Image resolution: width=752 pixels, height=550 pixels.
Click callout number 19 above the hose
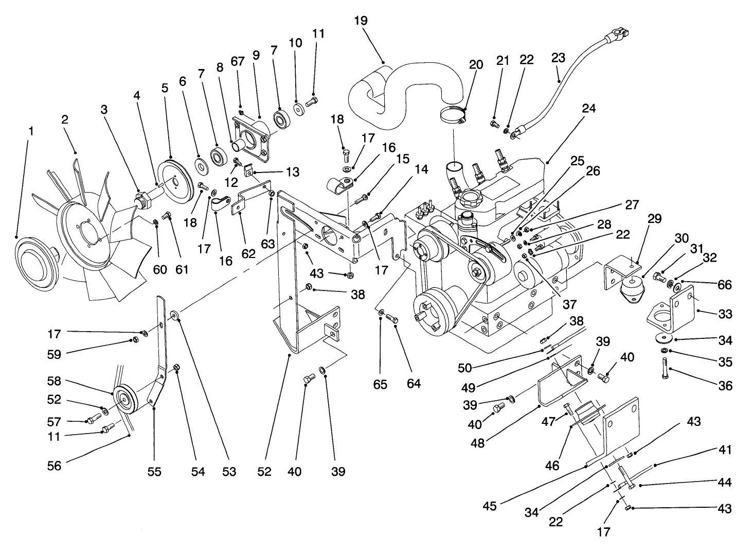click(x=361, y=21)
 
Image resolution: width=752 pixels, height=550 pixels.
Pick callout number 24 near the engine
click(x=589, y=109)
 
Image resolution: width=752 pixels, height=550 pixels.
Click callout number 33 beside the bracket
click(x=725, y=314)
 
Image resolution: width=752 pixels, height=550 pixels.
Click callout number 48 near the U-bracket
click(x=477, y=442)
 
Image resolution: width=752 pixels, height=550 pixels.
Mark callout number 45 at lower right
click(x=490, y=506)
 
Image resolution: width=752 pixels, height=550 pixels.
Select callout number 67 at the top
click(x=237, y=61)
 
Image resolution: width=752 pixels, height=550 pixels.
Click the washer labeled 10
click(x=298, y=110)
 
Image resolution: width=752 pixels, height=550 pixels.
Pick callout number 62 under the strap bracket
click(x=249, y=253)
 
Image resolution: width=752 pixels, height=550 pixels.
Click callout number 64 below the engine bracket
click(x=414, y=383)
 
